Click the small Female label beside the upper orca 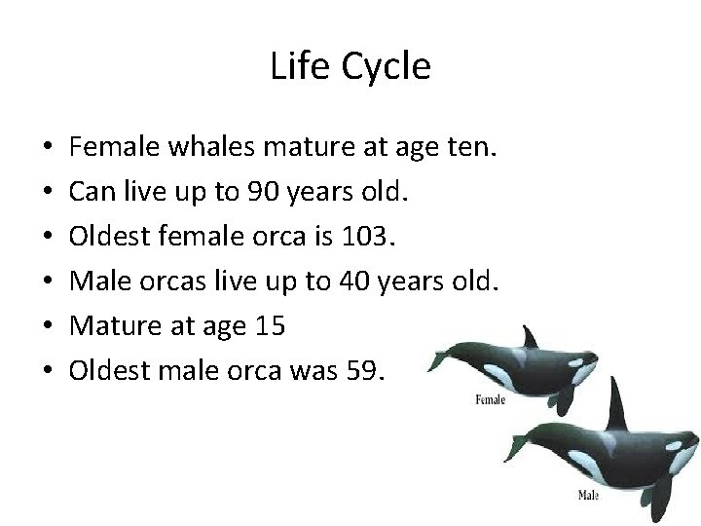click(489, 398)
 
